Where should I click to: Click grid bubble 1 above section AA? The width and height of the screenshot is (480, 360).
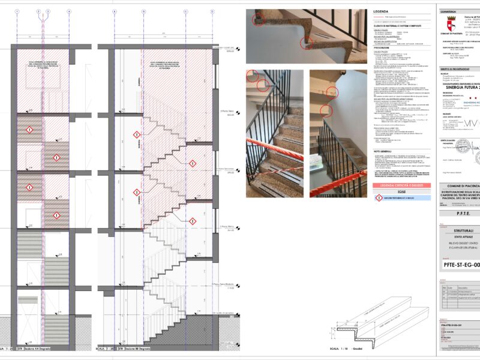[x=17, y=11]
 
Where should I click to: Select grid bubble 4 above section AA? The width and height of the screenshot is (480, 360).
[x=69, y=11]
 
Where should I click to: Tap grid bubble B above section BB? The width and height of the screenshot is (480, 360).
[x=143, y=11]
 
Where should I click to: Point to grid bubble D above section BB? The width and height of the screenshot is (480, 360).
[x=212, y=11]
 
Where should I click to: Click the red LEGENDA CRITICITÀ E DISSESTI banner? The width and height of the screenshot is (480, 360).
[x=399, y=186]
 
